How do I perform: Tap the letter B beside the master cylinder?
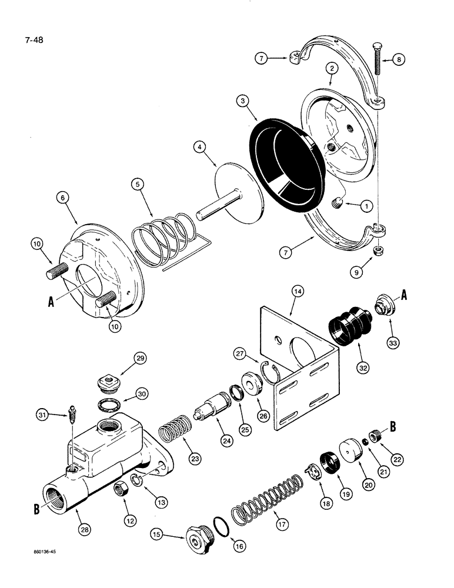pyautogui.click(x=36, y=509)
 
